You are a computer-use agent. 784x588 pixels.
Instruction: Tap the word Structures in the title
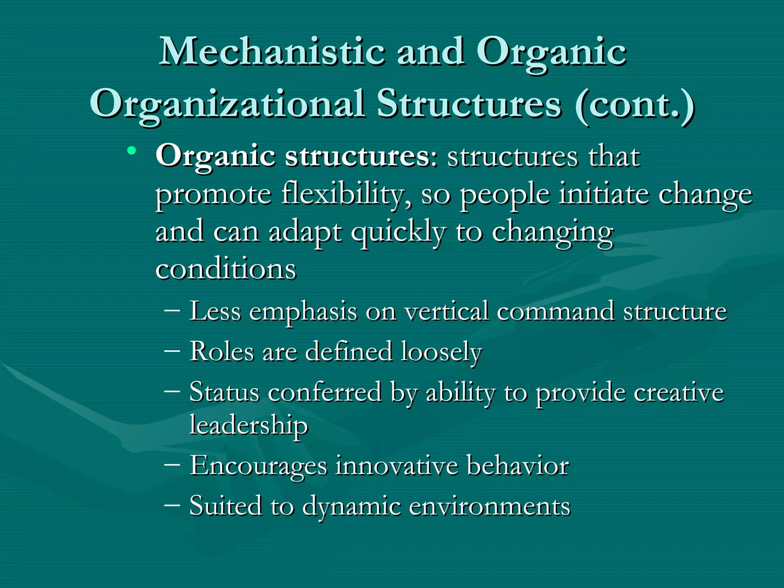tap(469, 104)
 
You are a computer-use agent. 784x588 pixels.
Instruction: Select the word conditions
tap(226, 269)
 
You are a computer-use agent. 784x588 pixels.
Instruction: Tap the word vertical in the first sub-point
tap(447, 311)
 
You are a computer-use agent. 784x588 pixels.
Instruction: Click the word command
tap(555, 311)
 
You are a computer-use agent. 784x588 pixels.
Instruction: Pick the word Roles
tap(222, 351)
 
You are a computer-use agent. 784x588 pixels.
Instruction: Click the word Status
tap(224, 392)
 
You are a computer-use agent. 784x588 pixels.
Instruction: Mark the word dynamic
tap(351, 507)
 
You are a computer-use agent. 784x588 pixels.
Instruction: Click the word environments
tap(490, 506)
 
